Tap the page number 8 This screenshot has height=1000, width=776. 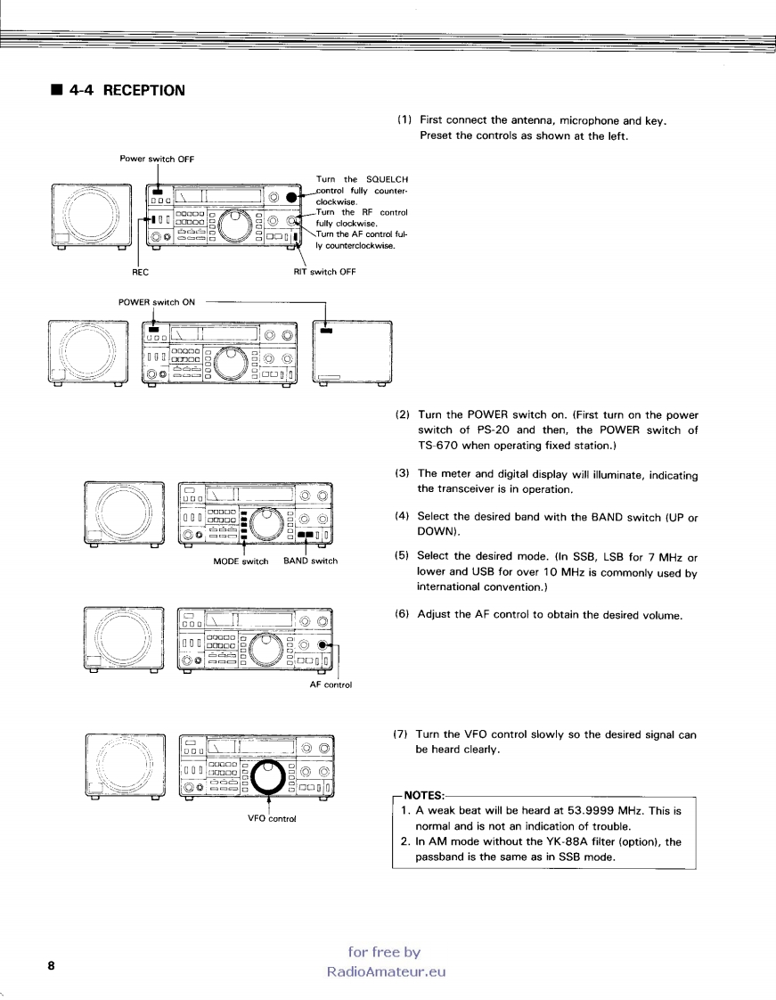pyautogui.click(x=52, y=966)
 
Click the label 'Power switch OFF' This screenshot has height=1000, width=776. pyautogui.click(x=158, y=159)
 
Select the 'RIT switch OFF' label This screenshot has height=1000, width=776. pyautogui.click(x=324, y=273)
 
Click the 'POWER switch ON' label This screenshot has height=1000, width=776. pyautogui.click(x=157, y=301)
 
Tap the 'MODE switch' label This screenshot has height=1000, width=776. pyautogui.click(x=241, y=561)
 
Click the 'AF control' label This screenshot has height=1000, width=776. pyautogui.click(x=331, y=684)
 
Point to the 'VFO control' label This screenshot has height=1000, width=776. pyautogui.click(x=271, y=818)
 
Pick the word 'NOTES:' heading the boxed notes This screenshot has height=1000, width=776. pyautogui.click(x=423, y=795)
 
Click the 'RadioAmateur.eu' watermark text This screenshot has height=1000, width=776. pyautogui.click(x=385, y=971)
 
